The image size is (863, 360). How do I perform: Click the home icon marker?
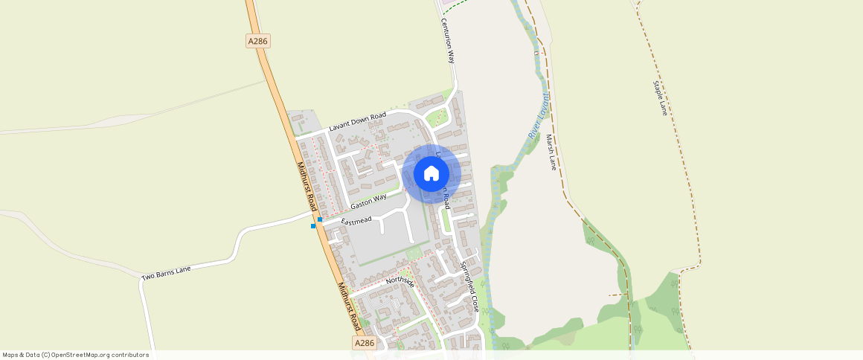pos(431,173)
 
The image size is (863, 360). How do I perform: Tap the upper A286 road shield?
pos(257,42)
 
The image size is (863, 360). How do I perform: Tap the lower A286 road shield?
pos(364,343)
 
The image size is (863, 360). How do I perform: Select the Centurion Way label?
pos(449,41)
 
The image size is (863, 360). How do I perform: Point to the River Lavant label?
pos(539,116)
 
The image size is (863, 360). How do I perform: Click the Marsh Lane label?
pos(551,152)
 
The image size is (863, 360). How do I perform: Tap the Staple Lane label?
pos(660,97)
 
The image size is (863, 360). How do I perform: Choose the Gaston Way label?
pos(369,200)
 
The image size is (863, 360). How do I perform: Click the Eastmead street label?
pos(356,221)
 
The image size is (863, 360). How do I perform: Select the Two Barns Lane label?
pos(166,273)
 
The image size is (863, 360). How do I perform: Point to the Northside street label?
pos(400,280)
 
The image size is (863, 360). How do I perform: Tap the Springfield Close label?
pos(469,286)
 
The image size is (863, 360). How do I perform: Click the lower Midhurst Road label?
pos(348,306)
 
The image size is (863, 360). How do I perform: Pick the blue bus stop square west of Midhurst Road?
pos(313,226)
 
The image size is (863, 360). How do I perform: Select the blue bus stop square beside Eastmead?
pos(320,219)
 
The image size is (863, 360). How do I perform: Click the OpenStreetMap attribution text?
pos(76,355)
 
